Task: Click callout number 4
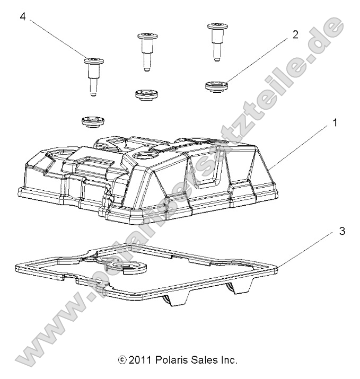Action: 23,16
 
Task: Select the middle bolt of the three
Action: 146,50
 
